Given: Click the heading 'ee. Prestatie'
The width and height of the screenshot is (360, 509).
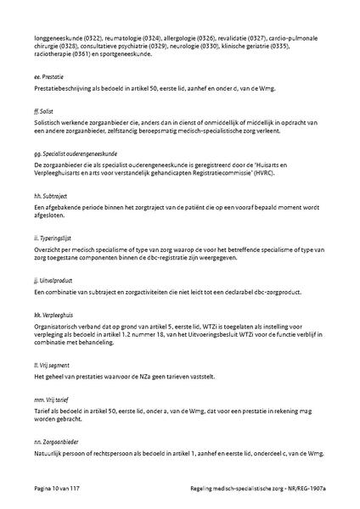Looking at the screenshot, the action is tap(48, 76).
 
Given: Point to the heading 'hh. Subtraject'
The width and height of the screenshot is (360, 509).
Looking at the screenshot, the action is tap(50, 195).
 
